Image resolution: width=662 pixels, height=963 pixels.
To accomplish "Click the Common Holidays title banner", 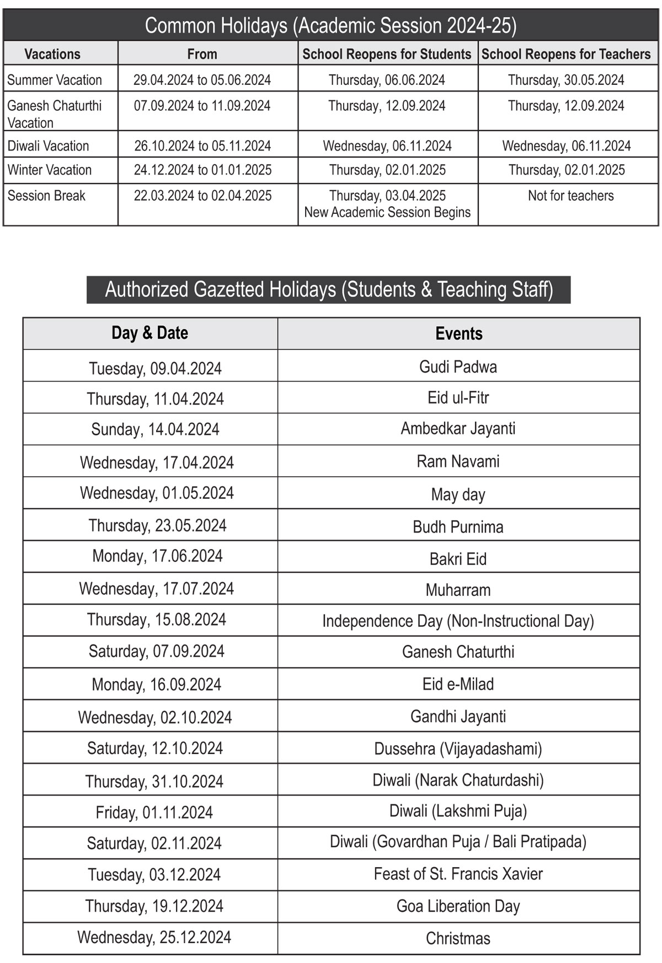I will click(330, 26).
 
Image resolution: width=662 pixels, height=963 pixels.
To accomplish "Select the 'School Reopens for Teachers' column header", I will click(566, 54).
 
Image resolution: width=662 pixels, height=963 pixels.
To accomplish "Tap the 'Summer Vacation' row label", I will click(55, 80).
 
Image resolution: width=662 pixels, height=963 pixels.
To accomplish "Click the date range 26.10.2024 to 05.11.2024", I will click(202, 146).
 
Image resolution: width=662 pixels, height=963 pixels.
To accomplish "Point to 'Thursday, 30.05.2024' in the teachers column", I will click(566, 80).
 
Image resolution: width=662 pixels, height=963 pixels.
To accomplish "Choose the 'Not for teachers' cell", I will click(570, 196).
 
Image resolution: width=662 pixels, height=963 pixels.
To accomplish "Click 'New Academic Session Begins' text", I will click(387, 213).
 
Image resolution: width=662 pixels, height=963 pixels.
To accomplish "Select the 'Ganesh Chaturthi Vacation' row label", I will click(55, 114).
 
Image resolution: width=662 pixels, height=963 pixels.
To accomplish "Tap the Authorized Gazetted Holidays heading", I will click(329, 290).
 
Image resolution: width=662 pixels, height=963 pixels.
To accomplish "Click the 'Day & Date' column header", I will click(150, 333).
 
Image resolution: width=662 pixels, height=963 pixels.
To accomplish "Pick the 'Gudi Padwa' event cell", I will click(458, 367).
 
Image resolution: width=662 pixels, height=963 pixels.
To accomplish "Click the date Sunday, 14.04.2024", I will click(155, 429).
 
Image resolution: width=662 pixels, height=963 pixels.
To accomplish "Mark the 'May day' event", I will click(458, 494).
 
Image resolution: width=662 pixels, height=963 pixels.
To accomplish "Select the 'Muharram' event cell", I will click(458, 590).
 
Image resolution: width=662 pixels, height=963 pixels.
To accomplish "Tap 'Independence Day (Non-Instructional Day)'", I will click(458, 621).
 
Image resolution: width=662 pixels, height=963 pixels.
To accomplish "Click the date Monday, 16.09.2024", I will click(156, 685).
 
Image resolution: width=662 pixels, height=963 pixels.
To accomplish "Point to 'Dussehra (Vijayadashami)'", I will click(458, 749).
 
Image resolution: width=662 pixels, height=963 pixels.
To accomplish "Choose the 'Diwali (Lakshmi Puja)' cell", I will click(458, 811).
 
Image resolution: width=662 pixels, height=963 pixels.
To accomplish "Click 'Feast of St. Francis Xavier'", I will click(458, 874).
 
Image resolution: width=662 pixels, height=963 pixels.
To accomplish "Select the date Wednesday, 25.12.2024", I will click(154, 937).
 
